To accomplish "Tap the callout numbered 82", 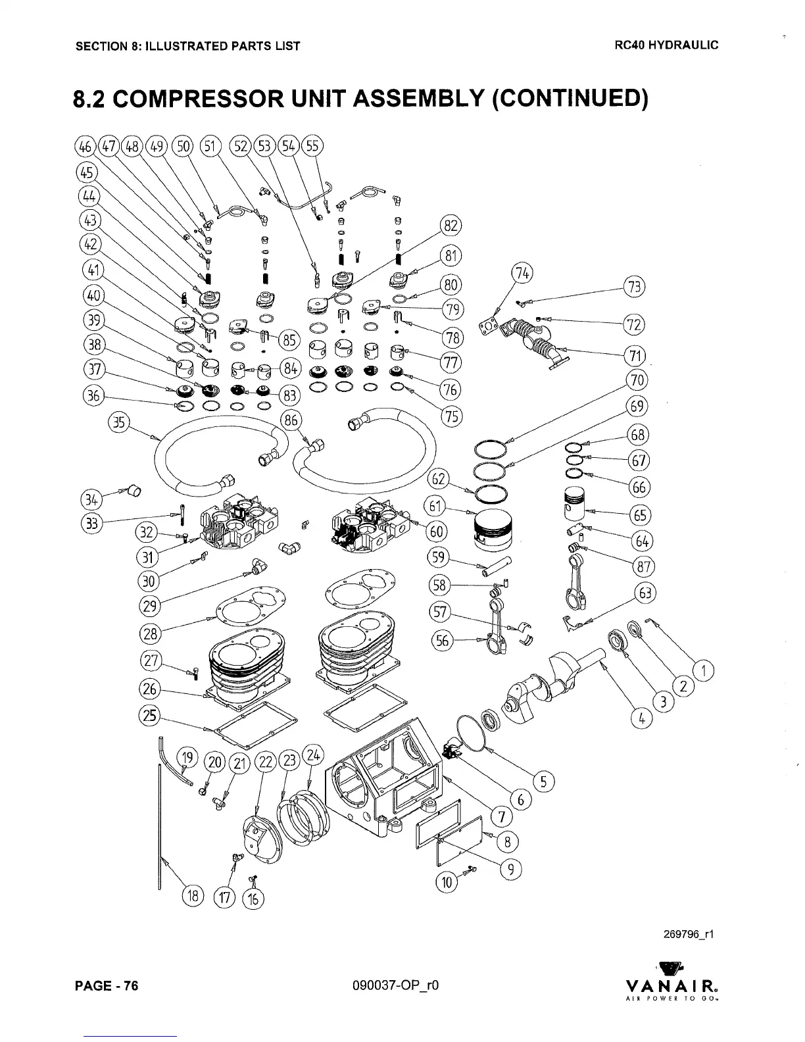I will click(451, 225).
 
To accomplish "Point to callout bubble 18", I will click(193, 896).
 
